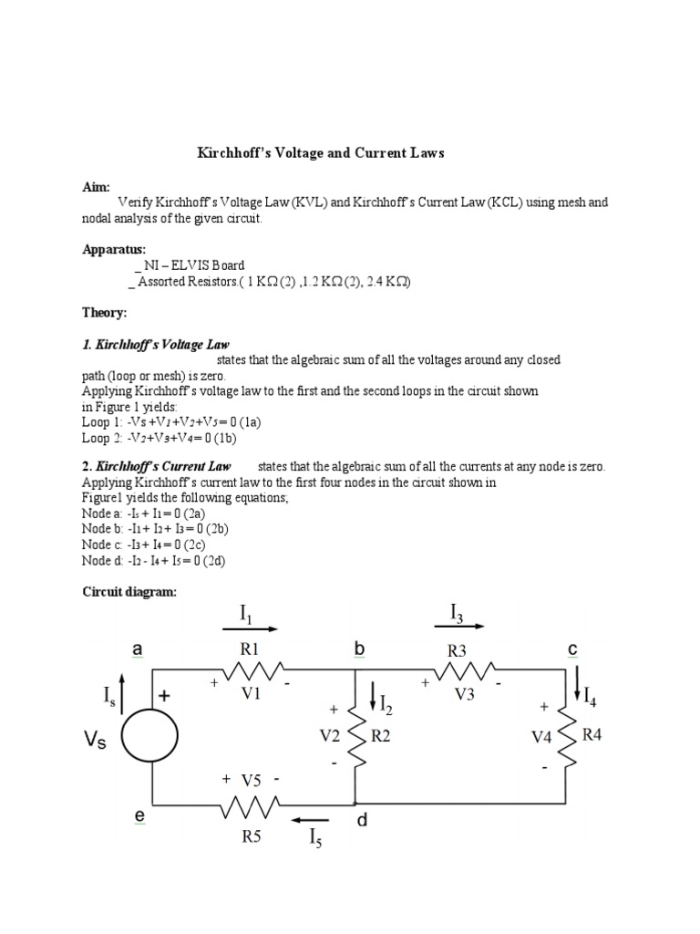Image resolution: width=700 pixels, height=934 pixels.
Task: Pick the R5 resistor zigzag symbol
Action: [x=251, y=805]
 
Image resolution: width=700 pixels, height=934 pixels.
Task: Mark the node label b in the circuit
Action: [x=359, y=649]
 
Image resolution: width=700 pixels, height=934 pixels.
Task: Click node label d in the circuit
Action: [x=362, y=820]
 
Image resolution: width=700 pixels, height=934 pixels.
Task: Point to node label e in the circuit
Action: [x=140, y=817]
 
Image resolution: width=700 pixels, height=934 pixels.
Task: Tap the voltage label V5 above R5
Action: [x=251, y=781]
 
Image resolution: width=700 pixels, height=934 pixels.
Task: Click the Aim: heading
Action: [x=96, y=186]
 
